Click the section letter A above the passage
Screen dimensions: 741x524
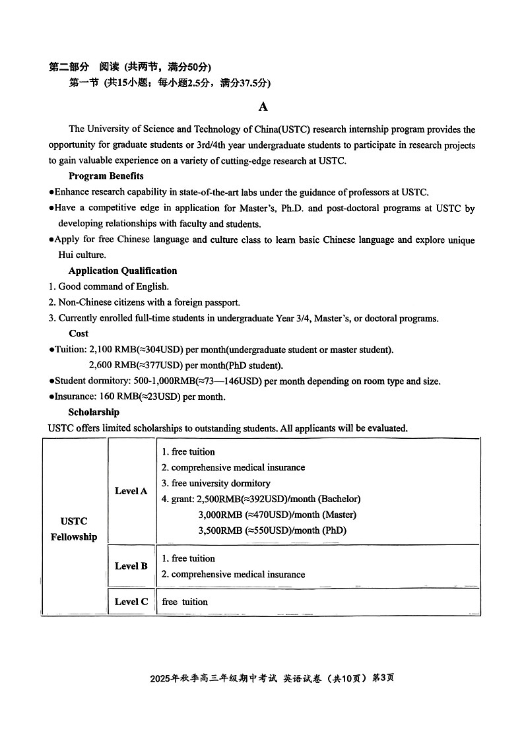point(263,107)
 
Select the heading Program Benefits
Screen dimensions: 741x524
point(106,176)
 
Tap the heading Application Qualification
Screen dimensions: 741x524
point(123,271)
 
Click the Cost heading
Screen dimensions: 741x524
point(79,333)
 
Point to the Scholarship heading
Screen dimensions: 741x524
point(94,412)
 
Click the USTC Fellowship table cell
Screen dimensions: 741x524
point(74,529)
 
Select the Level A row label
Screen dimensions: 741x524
point(131,491)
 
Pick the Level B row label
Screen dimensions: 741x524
point(131,566)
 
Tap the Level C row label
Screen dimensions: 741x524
point(131,602)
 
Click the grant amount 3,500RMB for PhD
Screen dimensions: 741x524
point(220,531)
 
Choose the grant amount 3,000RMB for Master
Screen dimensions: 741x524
point(220,515)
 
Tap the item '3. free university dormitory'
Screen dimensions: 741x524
point(216,483)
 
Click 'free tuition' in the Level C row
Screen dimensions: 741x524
point(185,602)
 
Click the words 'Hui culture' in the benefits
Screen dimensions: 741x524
point(82,255)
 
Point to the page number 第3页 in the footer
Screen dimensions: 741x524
point(383,678)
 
